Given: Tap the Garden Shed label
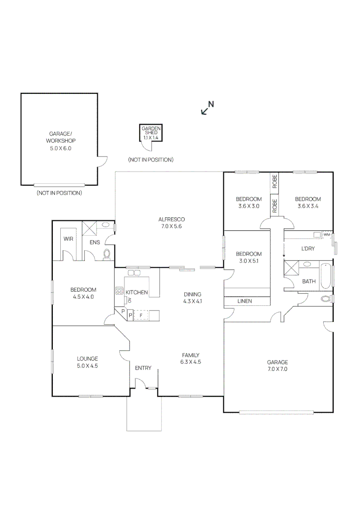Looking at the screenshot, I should point(151,132).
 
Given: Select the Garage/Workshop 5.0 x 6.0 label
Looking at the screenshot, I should point(60,140).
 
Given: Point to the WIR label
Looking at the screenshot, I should point(68,238).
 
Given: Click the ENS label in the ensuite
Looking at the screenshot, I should point(94,242).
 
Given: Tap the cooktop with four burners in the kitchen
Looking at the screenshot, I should point(119,291).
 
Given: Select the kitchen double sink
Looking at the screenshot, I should point(134,272).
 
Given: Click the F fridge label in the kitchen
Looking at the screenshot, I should point(140,314).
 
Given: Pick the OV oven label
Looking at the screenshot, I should point(128,300).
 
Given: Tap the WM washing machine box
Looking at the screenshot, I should point(326,234).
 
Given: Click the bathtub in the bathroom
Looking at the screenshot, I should point(325,277).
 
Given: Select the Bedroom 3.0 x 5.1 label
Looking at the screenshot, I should point(248,257).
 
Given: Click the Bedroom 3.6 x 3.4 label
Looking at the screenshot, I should point(309,202).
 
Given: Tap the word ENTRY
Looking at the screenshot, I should point(143,368).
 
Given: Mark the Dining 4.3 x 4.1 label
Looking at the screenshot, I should point(192,297).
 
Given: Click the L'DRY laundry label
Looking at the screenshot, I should point(307,248).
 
